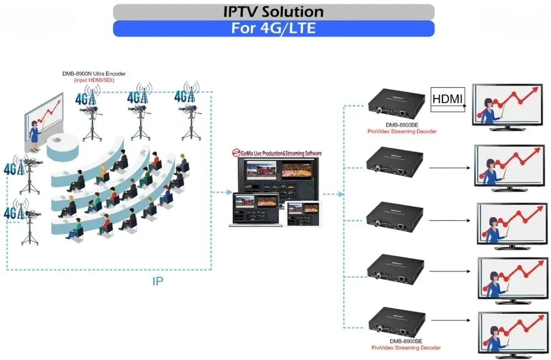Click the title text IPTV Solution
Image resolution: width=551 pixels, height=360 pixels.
[x=273, y=12]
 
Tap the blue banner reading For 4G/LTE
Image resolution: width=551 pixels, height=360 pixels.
[x=273, y=28]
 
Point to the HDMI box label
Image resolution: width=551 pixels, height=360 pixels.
[x=448, y=99]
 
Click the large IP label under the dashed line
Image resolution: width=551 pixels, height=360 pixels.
[x=158, y=281]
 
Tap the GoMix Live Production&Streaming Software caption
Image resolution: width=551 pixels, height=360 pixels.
[x=277, y=153]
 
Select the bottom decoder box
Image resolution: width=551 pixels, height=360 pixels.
[x=396, y=324]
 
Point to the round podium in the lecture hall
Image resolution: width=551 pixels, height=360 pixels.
[x=61, y=146]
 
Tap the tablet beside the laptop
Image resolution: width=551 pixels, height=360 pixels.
[x=303, y=213]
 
